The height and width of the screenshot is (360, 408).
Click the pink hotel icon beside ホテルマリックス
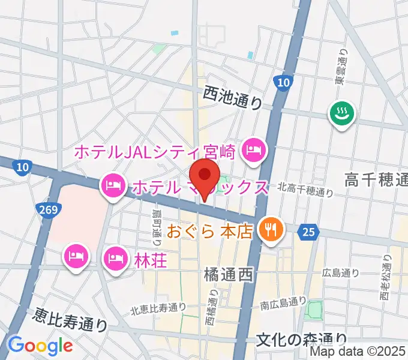click(112, 185)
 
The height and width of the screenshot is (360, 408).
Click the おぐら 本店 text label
click(210, 230)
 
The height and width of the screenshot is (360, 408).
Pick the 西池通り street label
click(233, 97)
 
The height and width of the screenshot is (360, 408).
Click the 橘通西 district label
click(228, 275)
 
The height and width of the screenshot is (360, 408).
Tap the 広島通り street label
click(341, 273)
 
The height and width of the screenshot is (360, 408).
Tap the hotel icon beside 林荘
click(115, 259)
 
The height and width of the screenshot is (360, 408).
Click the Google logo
click(40, 346)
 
